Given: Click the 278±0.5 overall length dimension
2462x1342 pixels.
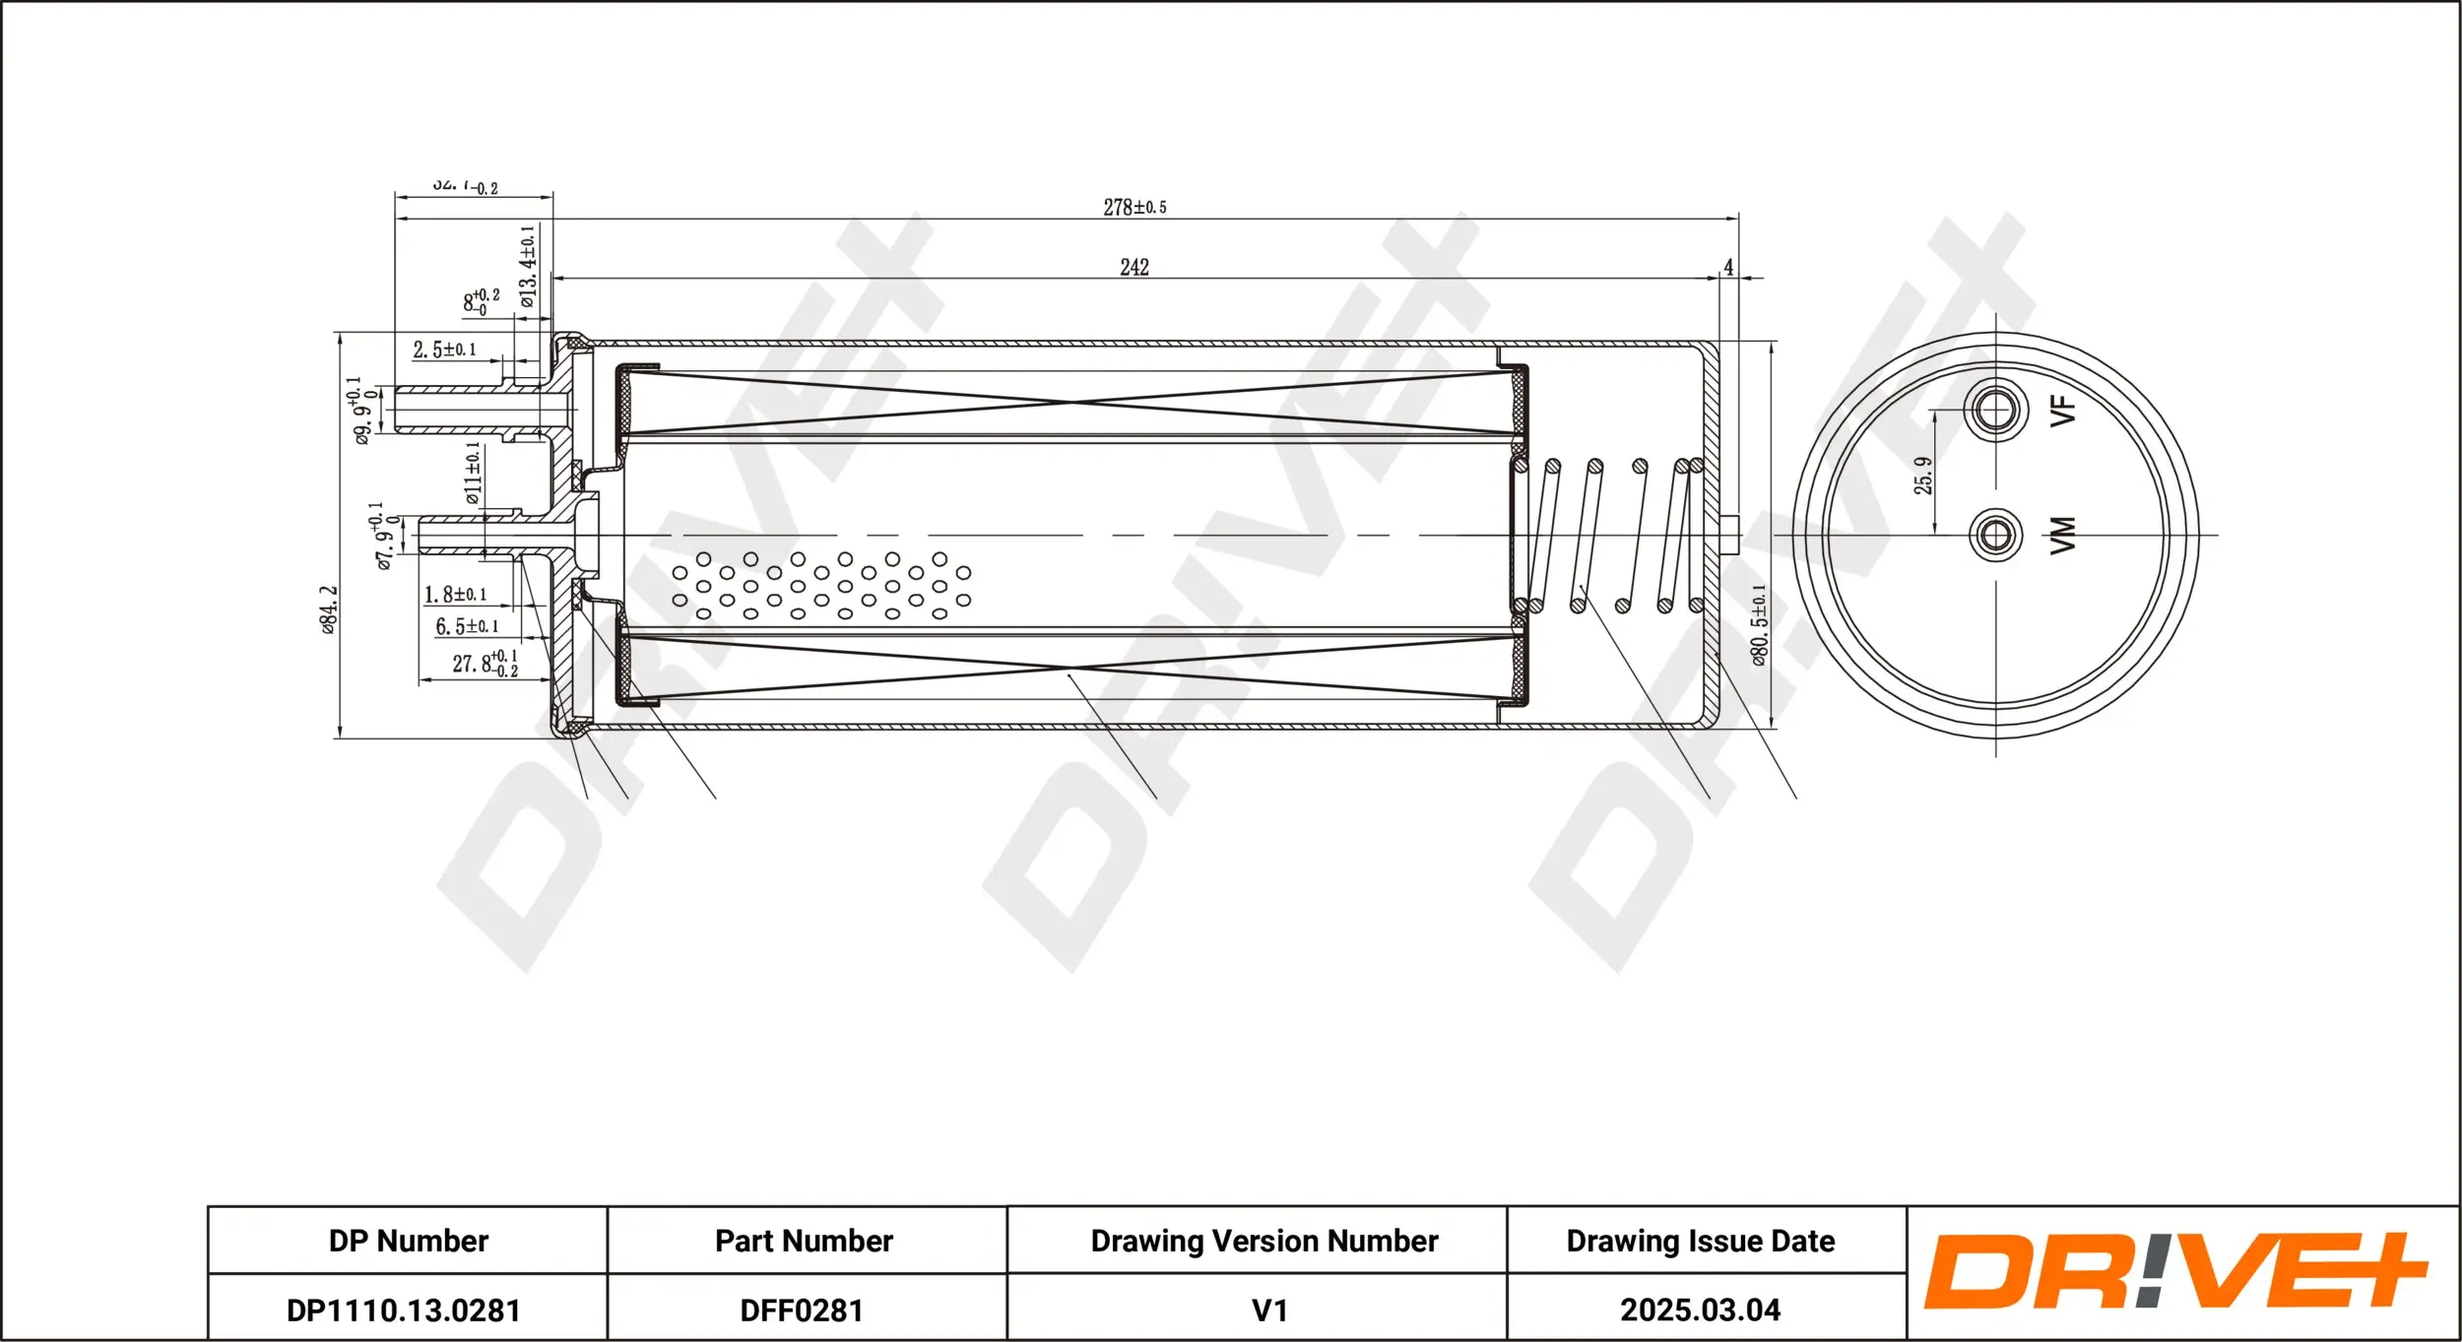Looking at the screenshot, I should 1134,207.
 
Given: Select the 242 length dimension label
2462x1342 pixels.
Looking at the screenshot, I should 1134,267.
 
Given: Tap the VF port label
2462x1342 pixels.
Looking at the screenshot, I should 2062,410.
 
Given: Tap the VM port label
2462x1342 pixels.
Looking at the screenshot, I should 2062,535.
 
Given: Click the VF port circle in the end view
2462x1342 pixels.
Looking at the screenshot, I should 1995,410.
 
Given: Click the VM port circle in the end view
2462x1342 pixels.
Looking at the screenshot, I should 1995,535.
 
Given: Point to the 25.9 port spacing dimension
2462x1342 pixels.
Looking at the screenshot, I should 1922,475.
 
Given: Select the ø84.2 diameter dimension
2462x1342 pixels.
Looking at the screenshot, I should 329,609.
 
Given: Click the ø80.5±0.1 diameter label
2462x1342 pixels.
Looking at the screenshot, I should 1759,624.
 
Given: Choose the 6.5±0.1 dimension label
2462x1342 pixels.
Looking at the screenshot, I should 467,626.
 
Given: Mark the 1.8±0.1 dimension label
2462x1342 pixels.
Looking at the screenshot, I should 455,595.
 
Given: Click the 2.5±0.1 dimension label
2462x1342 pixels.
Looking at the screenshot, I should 444,350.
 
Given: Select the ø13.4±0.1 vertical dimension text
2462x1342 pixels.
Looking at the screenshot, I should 528,266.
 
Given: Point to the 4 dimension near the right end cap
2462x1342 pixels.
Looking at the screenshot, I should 1727,267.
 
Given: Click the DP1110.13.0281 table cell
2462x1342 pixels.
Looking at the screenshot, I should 403,1310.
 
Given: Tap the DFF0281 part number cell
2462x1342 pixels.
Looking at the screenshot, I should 802,1310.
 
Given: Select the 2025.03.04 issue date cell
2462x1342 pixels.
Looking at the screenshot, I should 1700,1310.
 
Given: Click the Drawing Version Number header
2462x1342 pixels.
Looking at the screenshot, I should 1263,1241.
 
